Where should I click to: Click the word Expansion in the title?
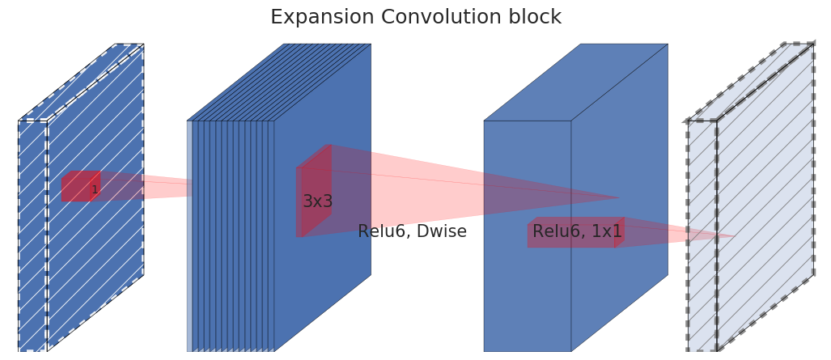[310, 18]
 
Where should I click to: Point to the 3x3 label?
[317, 202]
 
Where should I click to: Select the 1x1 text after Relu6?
[606, 232]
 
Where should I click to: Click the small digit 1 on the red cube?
[94, 190]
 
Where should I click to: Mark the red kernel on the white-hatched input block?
[79, 187]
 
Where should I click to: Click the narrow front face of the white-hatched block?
[32, 235]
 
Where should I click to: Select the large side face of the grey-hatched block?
[765, 198]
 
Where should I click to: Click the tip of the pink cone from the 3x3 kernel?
[619, 198]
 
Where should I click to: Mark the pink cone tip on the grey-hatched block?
[734, 236]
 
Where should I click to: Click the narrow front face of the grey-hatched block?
[702, 235]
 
